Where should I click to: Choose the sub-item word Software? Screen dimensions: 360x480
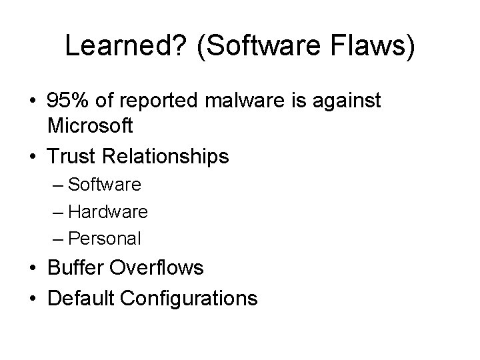tap(105, 184)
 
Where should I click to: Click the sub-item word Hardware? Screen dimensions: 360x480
tap(108, 211)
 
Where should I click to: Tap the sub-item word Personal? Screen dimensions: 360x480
tap(105, 238)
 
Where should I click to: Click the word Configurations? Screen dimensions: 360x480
tap(189, 297)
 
